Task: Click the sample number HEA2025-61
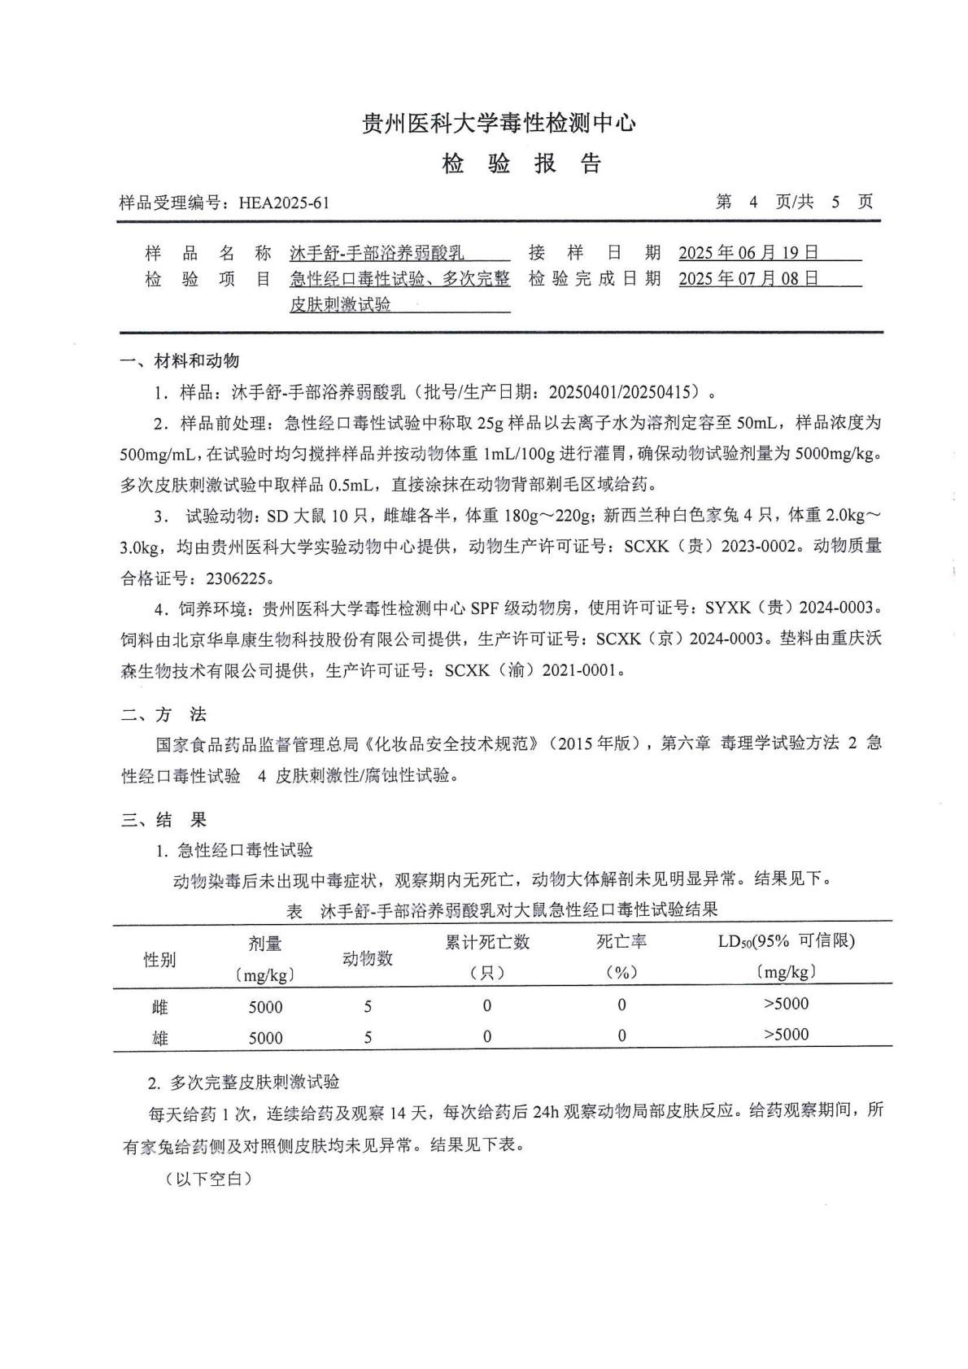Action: [x=284, y=203]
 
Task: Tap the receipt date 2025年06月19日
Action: [x=748, y=253]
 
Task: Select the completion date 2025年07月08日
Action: [x=748, y=279]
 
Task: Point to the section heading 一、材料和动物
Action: [x=180, y=360]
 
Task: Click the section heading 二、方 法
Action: [x=164, y=715]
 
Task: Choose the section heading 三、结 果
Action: [x=164, y=820]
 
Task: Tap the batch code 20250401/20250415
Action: [x=624, y=392]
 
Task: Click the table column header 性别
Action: [x=159, y=960]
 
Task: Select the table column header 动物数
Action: [x=368, y=958]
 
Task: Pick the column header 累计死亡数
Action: [x=487, y=942]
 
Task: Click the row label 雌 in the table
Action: [x=159, y=1007]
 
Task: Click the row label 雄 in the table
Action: [x=159, y=1038]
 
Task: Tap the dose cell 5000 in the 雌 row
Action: [x=265, y=1007]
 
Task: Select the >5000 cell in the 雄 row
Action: [x=786, y=1035]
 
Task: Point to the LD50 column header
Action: [x=786, y=942]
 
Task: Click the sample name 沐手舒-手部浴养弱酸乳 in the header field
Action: [x=377, y=253]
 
